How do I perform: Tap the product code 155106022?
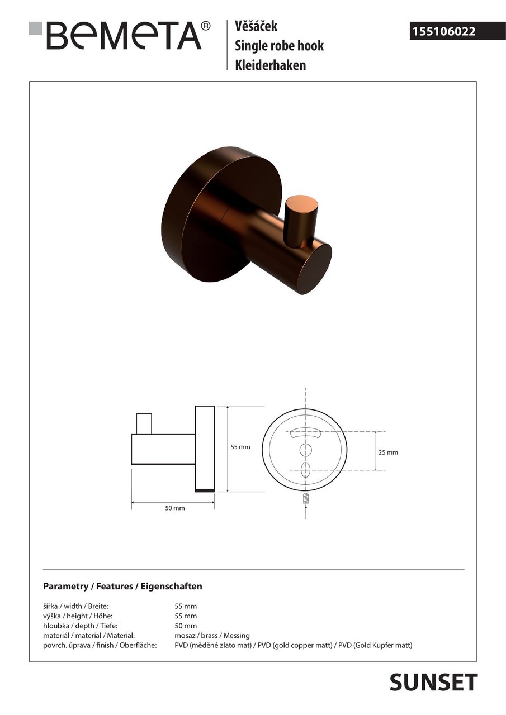(444, 31)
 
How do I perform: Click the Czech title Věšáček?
(256, 26)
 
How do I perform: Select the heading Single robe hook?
(279, 45)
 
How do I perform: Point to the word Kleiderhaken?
(270, 65)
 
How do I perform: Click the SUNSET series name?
(433, 683)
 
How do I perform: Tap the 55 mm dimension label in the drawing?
(240, 447)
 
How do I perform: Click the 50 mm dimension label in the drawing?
(175, 508)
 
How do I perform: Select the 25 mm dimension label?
(388, 452)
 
